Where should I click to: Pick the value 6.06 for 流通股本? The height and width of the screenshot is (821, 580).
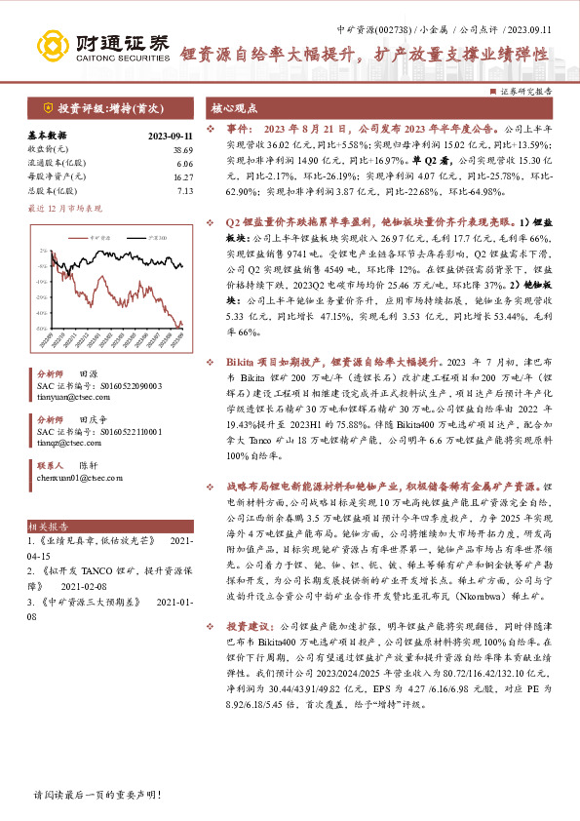click(x=185, y=163)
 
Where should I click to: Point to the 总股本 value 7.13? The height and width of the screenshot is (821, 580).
click(x=185, y=190)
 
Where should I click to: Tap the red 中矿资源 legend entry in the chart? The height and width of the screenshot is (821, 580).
click(x=84, y=237)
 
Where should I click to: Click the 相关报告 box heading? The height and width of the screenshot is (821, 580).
click(x=46, y=524)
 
